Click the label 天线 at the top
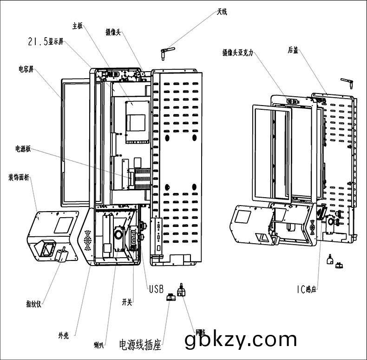[x=222, y=12]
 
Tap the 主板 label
[x=77, y=26]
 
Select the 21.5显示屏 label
[x=46, y=42]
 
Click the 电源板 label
[x=23, y=149]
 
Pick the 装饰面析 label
[x=19, y=177]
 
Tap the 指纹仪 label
[x=34, y=305]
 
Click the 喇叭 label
[x=98, y=345]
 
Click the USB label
[x=156, y=289]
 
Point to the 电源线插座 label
[x=140, y=345]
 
